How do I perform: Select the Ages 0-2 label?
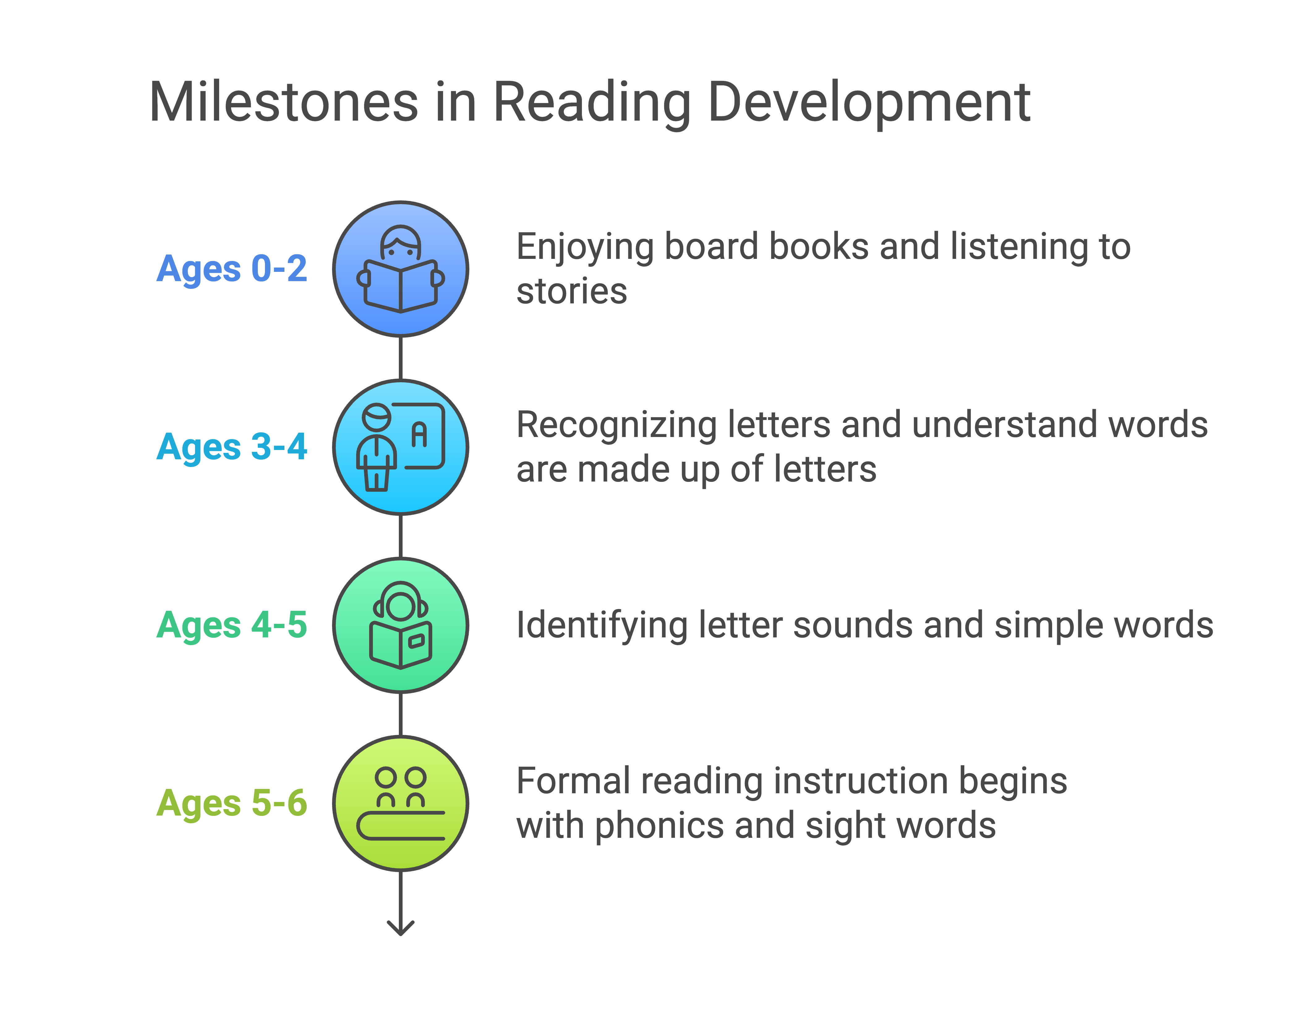[x=232, y=269]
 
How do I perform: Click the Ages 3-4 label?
[x=232, y=447]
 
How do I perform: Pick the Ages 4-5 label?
[x=232, y=625]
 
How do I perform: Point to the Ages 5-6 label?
[x=232, y=803]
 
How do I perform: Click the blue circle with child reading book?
[x=401, y=269]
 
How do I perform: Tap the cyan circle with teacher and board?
[x=401, y=447]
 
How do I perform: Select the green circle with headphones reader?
[x=401, y=625]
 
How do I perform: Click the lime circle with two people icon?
[x=401, y=803]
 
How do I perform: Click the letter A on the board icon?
[x=419, y=434]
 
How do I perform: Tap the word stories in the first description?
[x=572, y=292]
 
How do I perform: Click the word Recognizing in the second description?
[x=617, y=426]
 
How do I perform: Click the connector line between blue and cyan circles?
[x=401, y=358]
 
